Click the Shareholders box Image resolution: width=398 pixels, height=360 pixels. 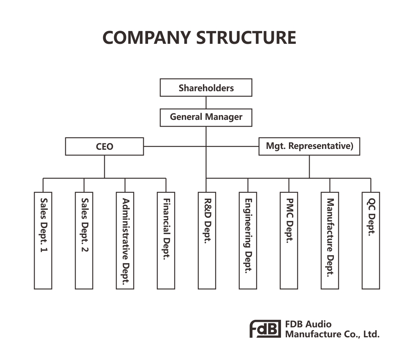pyautogui.click(x=206, y=88)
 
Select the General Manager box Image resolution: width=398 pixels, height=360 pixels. pyautogui.click(x=206, y=117)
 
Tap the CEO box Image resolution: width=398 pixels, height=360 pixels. pyautogui.click(x=104, y=147)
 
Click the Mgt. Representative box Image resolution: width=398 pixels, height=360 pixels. pyautogui.click(x=309, y=146)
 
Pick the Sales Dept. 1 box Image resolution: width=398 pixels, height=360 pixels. pyautogui.click(x=43, y=241)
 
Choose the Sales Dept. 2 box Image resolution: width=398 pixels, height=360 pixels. pyautogui.click(x=84, y=241)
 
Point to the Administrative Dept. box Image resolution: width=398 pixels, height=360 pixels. pyautogui.click(x=125, y=241)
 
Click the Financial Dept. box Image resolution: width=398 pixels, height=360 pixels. pyautogui.click(x=166, y=241)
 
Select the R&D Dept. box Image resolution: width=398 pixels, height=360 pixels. pyautogui.click(x=207, y=241)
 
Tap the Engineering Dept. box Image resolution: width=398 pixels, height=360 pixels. pyautogui.click(x=248, y=241)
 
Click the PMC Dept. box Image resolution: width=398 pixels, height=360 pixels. pyautogui.click(x=289, y=241)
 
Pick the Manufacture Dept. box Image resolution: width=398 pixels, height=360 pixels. pyautogui.click(x=330, y=241)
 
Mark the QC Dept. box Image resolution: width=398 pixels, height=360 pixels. pyautogui.click(x=371, y=241)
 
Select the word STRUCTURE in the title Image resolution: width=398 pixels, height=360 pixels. pyautogui.click(x=246, y=38)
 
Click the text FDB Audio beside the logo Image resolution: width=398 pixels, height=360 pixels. pyautogui.click(x=308, y=324)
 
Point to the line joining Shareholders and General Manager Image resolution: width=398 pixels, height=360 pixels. pyautogui.click(x=206, y=102)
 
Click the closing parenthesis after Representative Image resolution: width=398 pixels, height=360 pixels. pyautogui.click(x=351, y=146)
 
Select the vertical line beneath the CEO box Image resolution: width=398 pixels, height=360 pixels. pyautogui.click(x=104, y=166)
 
